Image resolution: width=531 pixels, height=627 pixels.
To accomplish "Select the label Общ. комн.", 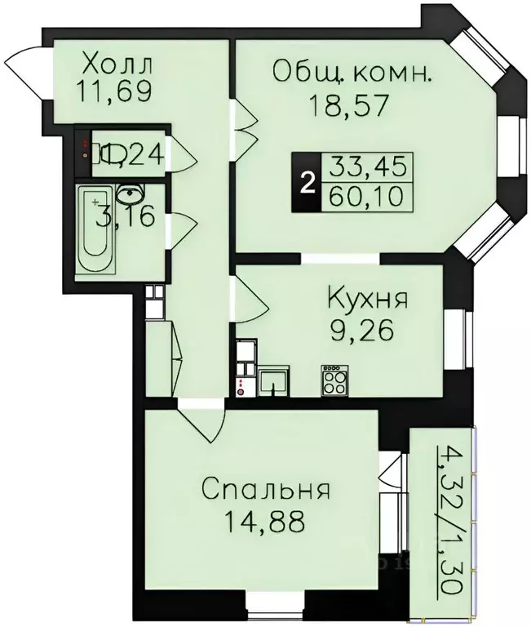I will pyautogui.click(x=352, y=74).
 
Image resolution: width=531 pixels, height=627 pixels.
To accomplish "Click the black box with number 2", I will pyautogui.click(x=307, y=184).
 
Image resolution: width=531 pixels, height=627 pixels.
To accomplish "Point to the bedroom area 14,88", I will pyautogui.click(x=266, y=520).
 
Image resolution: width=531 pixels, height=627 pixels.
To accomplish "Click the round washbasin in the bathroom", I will pyautogui.click(x=129, y=194).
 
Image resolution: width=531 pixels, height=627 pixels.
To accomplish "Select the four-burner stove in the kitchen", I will pyautogui.click(x=333, y=380).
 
